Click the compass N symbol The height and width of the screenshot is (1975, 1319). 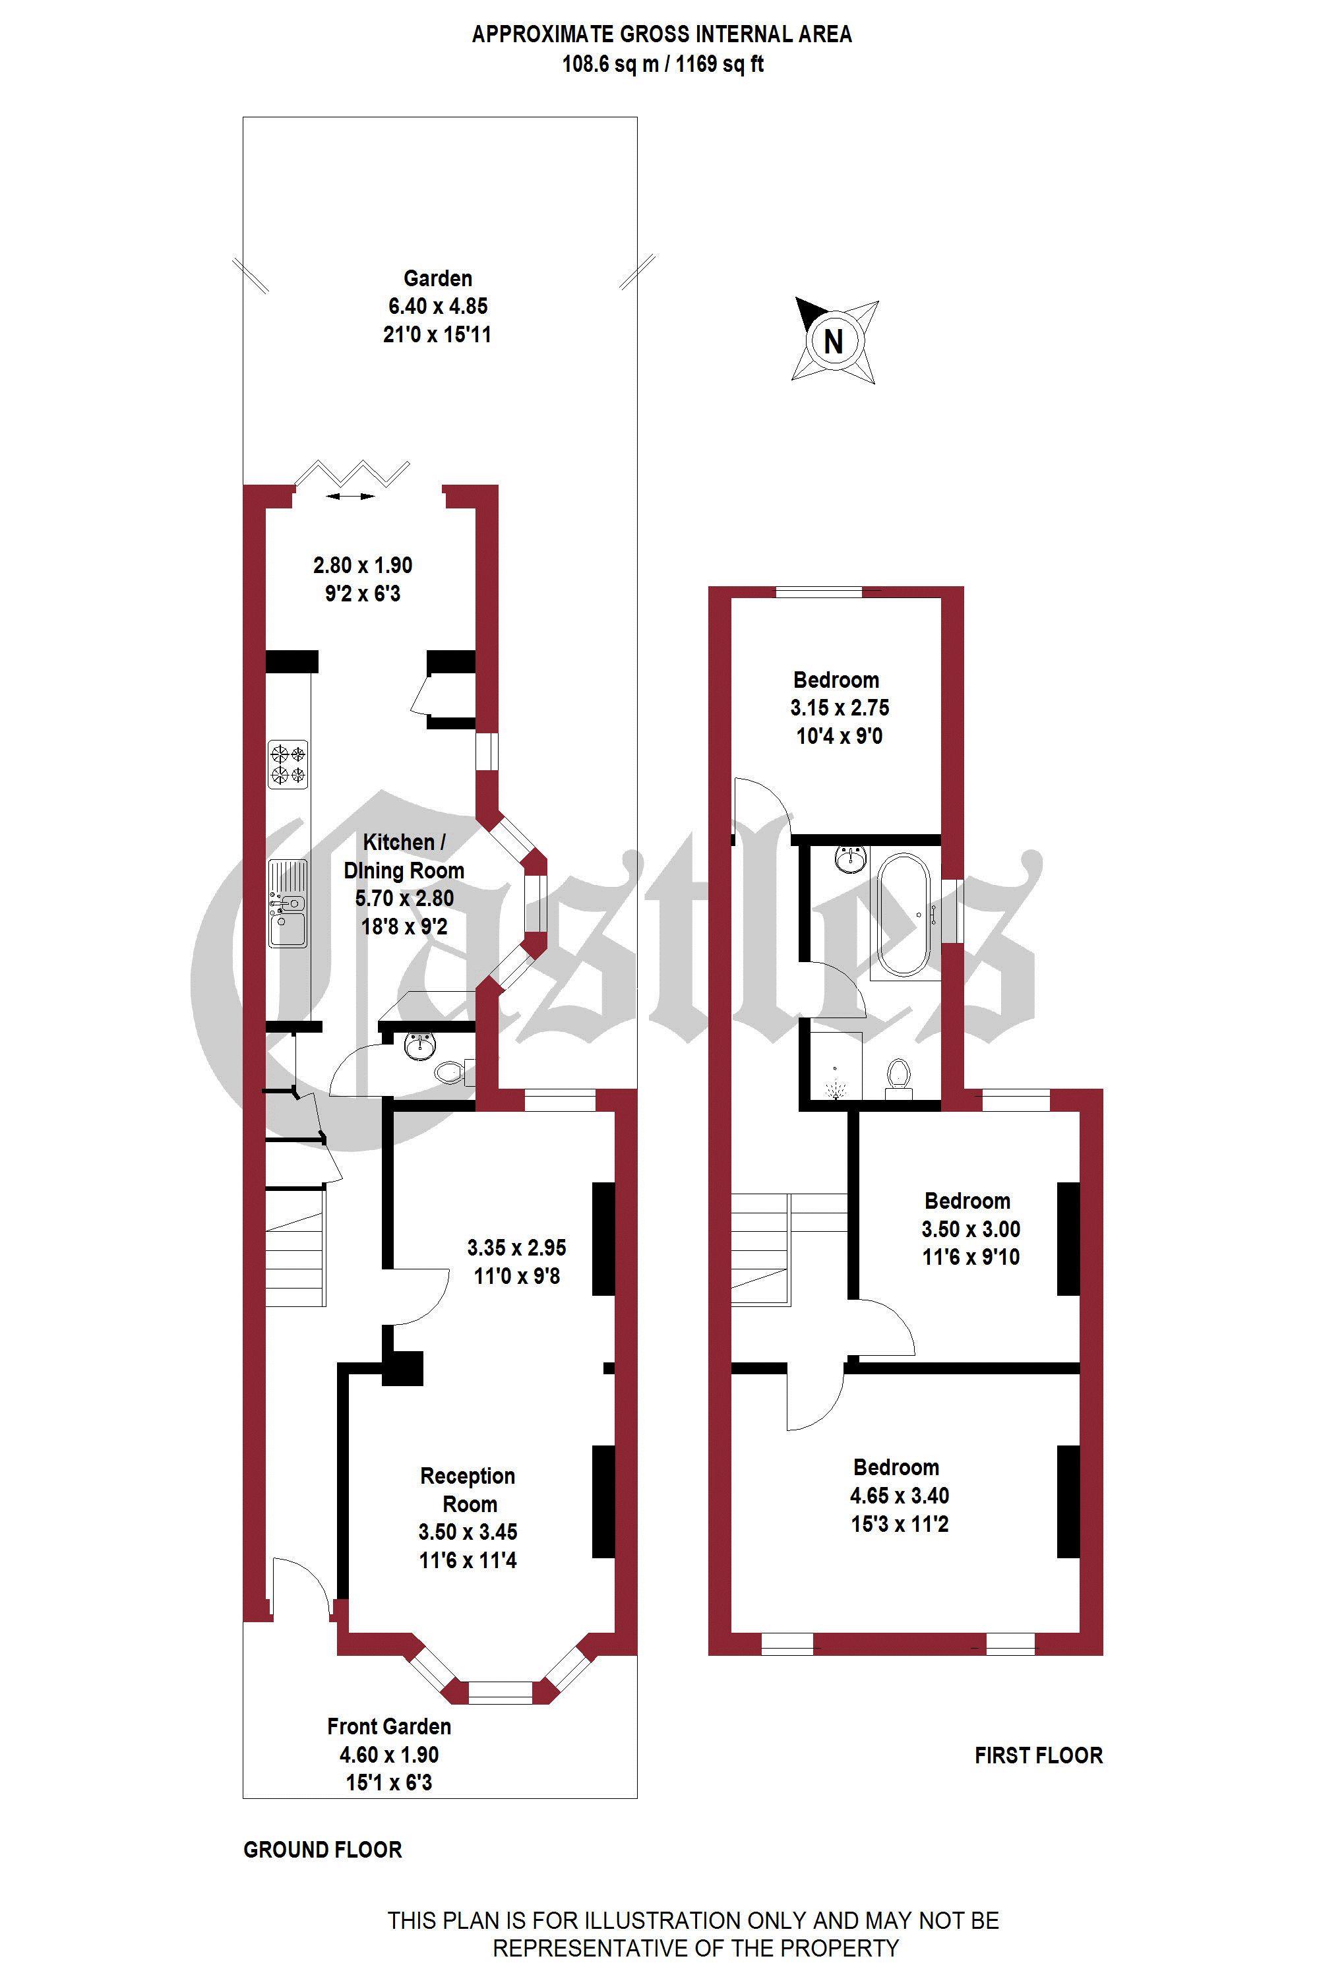834,341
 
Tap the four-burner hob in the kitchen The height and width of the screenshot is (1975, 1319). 288,764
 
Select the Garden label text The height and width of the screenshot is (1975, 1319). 437,278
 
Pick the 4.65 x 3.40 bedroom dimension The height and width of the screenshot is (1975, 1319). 900,1496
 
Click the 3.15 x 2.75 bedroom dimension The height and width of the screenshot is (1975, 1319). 840,708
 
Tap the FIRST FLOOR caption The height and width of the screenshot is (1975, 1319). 1039,1755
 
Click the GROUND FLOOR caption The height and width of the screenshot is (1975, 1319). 323,1850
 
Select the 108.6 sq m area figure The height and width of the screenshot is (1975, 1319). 610,64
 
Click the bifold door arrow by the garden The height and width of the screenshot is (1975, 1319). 351,497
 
